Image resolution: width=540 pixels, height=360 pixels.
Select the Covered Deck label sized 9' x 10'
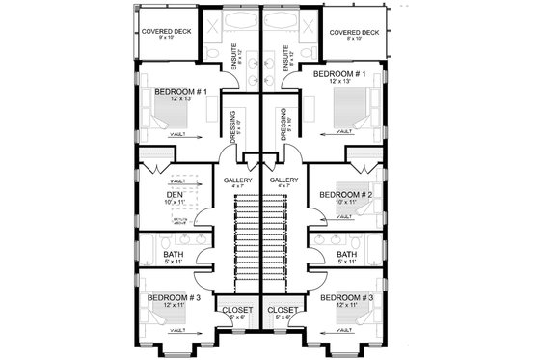(x=168, y=32)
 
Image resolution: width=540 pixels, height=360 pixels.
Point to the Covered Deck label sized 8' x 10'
(x=352, y=32)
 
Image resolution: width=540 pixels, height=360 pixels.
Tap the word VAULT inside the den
(x=176, y=180)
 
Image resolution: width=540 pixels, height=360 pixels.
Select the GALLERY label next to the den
(x=238, y=180)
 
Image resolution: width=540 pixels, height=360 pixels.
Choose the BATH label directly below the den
(x=174, y=255)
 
